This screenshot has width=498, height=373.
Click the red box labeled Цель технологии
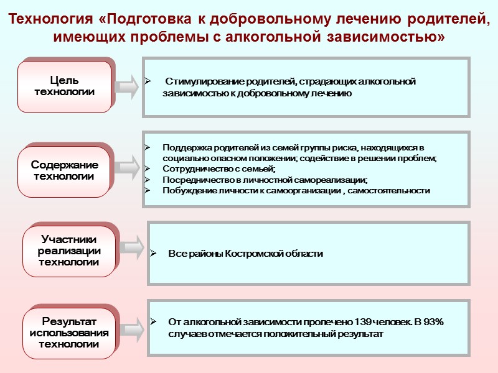point(64,86)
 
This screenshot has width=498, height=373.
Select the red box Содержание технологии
point(64,171)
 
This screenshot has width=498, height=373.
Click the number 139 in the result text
point(363,323)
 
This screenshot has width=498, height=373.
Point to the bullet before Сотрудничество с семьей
point(148,169)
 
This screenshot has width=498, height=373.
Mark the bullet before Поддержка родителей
point(148,148)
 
